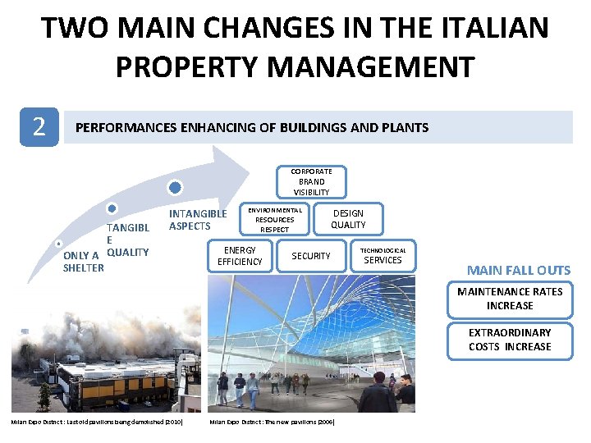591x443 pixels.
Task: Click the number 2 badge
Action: coord(39,126)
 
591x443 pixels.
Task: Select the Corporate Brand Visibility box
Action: coord(311,181)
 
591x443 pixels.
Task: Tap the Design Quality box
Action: coord(348,218)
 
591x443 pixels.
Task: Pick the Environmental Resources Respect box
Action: coord(273,219)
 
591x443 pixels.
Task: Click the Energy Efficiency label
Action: coord(240,256)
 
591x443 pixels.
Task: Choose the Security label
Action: coord(311,256)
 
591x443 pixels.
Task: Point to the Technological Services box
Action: coord(383,256)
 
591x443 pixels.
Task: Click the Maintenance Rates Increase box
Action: coord(509,299)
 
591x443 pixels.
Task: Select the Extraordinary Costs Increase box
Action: coord(509,340)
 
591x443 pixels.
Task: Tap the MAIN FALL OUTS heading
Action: coord(518,270)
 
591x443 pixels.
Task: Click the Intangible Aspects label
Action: coord(197,220)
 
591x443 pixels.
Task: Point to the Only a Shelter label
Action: coord(83,261)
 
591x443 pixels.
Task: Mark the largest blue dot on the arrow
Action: coord(173,187)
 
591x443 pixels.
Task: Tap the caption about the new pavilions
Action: coord(272,422)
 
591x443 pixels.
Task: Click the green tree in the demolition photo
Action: coord(44,395)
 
